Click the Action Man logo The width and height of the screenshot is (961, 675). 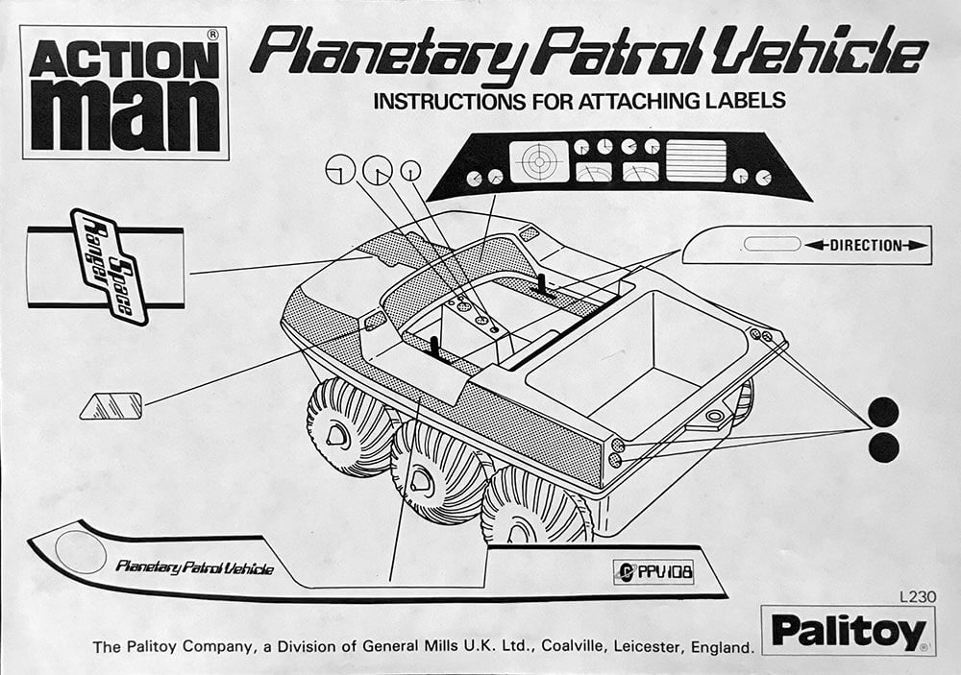[124, 93]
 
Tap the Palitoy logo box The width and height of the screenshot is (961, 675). [849, 630]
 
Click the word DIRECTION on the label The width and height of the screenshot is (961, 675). [866, 246]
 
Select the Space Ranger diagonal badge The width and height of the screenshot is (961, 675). [109, 266]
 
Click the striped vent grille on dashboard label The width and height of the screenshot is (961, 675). [696, 160]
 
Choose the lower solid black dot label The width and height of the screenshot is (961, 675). [883, 447]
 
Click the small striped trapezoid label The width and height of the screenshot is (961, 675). [111, 405]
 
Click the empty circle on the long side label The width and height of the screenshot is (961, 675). [81, 552]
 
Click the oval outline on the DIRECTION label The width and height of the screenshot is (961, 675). [772, 245]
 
